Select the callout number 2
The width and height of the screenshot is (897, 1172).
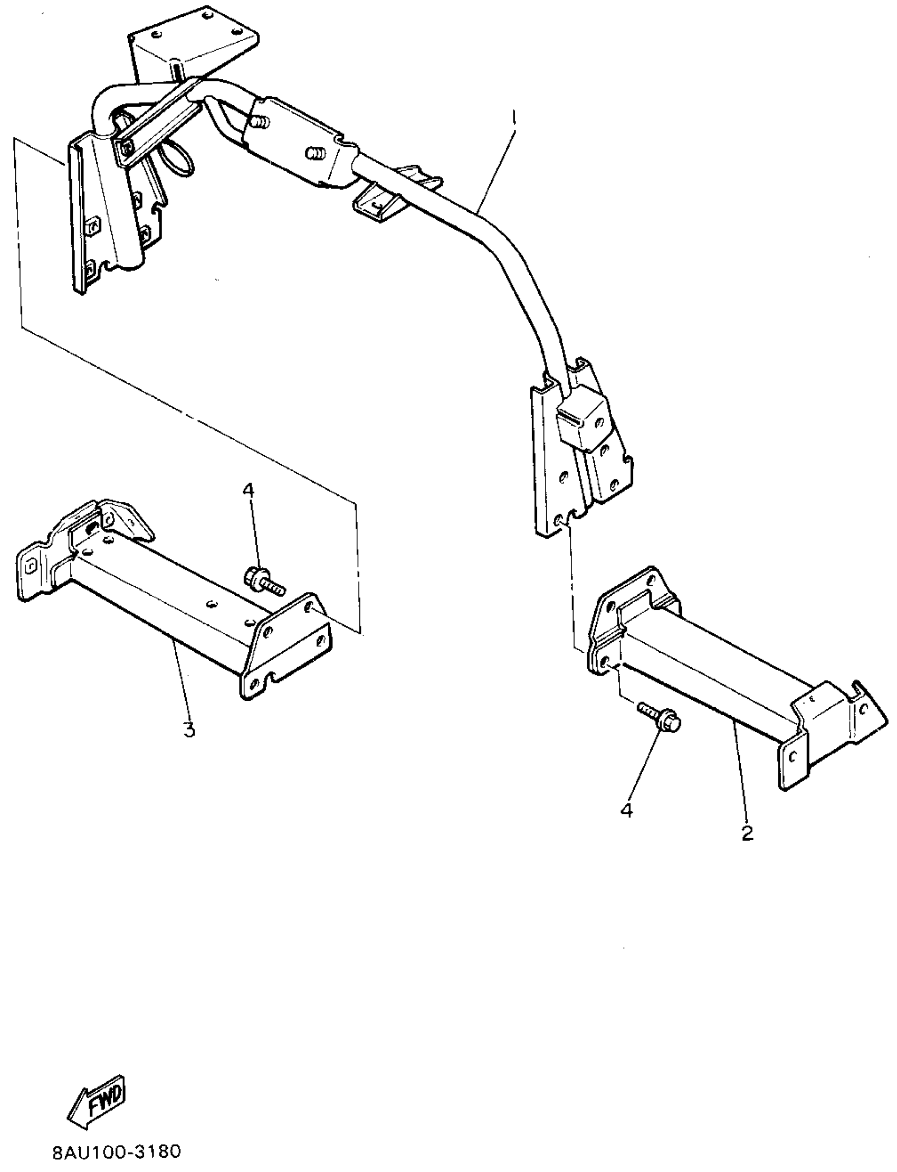tap(747, 832)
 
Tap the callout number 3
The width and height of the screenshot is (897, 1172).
tap(188, 729)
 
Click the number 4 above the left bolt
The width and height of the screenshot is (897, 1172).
tap(249, 490)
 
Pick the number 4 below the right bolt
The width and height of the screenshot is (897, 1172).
tap(626, 810)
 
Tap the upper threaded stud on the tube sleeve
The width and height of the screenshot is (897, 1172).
tap(260, 123)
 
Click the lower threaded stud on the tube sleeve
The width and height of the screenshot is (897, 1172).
tap(315, 154)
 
